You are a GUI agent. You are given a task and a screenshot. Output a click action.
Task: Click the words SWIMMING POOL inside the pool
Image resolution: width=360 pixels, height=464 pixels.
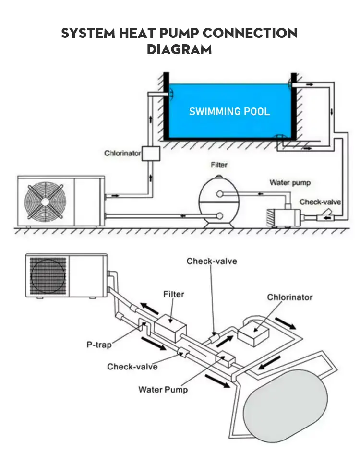coord(229,112)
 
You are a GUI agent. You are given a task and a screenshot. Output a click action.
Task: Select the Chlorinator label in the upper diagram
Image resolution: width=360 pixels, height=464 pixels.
coord(122,154)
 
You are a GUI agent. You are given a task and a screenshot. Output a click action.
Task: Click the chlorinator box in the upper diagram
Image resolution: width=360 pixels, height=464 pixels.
coord(151,154)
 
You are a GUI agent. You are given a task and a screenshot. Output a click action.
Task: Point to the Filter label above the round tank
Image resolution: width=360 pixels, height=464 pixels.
coord(219,165)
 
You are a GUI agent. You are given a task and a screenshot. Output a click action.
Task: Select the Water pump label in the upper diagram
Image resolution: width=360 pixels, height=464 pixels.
coord(289,182)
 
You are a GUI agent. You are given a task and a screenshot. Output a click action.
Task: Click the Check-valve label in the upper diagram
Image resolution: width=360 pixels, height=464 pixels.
coord(320,202)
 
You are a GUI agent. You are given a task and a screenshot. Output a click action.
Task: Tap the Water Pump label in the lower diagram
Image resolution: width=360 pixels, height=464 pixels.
coord(163,389)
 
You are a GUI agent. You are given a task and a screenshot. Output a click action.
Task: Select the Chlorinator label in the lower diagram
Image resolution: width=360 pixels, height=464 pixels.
coord(289,297)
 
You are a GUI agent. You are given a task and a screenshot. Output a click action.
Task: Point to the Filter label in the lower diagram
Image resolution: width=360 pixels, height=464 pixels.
coord(174,294)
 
